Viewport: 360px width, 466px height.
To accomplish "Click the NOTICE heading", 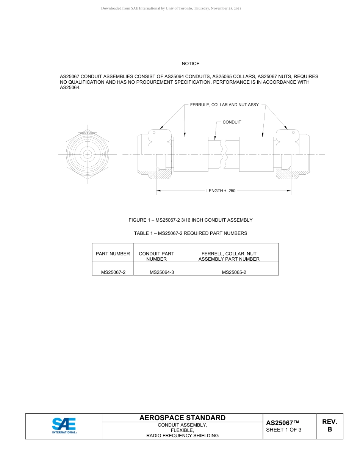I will click(x=190, y=64).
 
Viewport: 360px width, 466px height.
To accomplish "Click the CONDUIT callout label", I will click(x=232, y=122).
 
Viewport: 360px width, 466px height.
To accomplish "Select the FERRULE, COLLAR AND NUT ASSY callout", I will click(x=224, y=105).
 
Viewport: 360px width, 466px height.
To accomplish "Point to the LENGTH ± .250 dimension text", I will click(x=221, y=191).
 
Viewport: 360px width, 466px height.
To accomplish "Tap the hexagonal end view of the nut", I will click(x=88, y=154).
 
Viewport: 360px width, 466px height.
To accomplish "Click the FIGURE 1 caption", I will click(x=190, y=220).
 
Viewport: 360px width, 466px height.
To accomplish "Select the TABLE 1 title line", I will click(x=190, y=233).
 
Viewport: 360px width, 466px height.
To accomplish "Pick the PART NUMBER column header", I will click(x=113, y=254).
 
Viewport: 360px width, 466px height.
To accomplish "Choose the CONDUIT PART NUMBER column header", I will click(x=157, y=256).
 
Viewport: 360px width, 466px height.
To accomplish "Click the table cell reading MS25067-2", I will click(x=113, y=272).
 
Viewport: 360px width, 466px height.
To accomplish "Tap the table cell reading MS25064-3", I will click(x=161, y=272).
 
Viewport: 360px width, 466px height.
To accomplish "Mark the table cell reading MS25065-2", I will click(x=234, y=272).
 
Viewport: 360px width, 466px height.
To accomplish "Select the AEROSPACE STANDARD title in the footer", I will click(x=182, y=418).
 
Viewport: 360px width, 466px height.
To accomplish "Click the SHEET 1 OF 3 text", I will click(x=283, y=430).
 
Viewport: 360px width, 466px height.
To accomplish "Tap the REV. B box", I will click(x=329, y=426).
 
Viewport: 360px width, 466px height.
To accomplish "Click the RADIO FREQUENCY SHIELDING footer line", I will click(x=182, y=436).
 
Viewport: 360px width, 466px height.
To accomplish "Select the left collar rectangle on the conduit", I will click(x=191, y=154).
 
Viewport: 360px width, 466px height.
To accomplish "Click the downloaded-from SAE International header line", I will click(x=171, y=8).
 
